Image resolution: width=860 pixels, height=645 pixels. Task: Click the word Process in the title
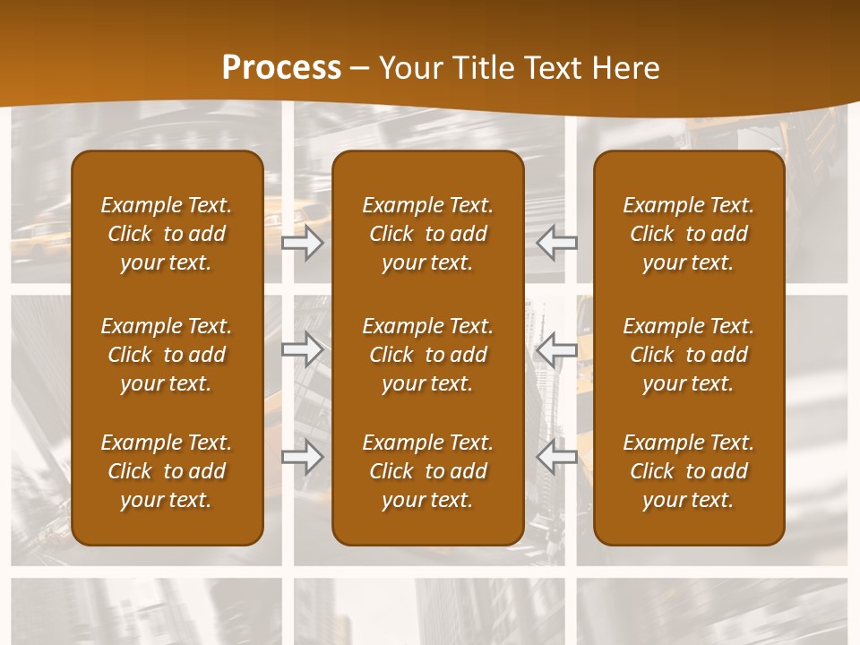(x=281, y=68)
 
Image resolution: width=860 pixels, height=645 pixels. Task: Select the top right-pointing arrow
(x=303, y=243)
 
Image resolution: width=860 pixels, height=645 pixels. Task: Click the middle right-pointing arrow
(x=303, y=349)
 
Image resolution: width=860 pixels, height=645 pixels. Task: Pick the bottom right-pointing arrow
(x=303, y=457)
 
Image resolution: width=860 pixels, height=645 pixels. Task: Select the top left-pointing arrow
(x=557, y=243)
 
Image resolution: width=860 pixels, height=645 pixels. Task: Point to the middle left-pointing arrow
(x=557, y=349)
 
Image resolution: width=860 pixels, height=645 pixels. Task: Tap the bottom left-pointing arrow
(x=557, y=457)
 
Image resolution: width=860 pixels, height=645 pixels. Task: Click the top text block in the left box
(x=167, y=234)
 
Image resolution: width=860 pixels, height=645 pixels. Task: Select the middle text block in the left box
(x=167, y=355)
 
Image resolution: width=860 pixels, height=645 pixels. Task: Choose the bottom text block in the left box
(x=167, y=471)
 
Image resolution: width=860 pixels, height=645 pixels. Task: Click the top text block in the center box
(x=427, y=234)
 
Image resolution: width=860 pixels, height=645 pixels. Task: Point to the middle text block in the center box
(x=427, y=355)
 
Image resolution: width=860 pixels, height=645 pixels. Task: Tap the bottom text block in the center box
(x=427, y=471)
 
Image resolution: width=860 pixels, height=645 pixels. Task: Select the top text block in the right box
(x=689, y=234)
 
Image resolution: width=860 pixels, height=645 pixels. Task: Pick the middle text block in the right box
(x=689, y=355)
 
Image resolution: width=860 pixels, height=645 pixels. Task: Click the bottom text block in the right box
(x=689, y=471)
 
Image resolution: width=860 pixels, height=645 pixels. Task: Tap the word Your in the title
(x=408, y=68)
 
